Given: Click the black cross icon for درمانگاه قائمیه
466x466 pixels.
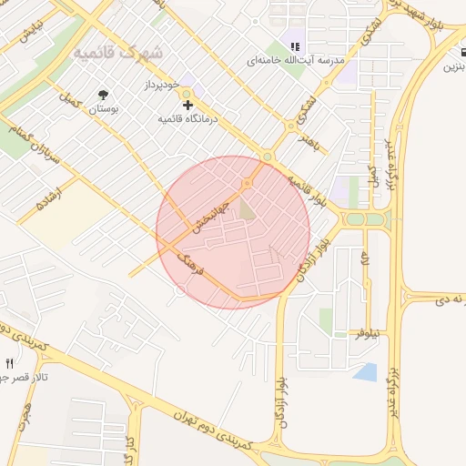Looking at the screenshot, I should click(x=187, y=106).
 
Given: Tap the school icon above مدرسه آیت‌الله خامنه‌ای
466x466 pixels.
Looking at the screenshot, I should click(x=294, y=46).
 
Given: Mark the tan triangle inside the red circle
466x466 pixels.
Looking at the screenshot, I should click(x=248, y=211).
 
